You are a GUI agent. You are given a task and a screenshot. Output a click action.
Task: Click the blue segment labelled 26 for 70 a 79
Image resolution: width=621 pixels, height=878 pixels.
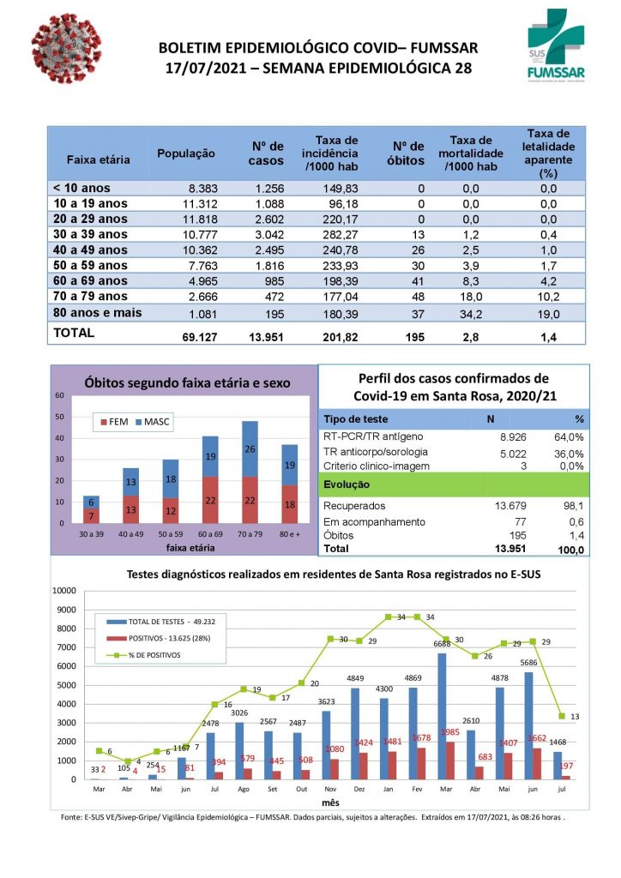[x=250, y=449]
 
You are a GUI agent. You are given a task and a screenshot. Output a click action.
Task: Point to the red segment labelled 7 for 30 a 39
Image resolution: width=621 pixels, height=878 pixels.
[x=92, y=516]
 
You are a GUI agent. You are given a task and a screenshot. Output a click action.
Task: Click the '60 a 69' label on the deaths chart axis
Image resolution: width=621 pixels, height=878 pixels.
[x=211, y=535]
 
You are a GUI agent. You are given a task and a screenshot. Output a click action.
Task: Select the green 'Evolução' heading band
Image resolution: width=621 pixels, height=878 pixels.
[x=453, y=484]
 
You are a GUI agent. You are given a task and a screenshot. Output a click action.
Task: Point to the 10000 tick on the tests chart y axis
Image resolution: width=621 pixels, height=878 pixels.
[x=64, y=591]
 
